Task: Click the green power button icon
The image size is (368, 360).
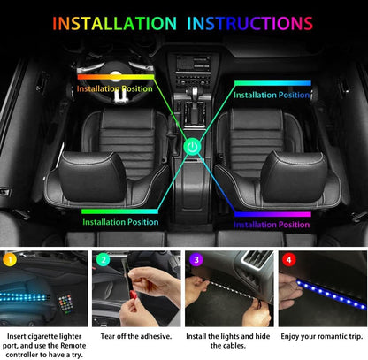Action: (192, 147)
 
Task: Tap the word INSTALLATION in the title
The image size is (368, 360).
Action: (114, 24)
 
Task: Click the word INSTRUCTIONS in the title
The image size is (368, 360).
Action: (249, 24)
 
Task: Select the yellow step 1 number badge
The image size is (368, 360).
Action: (10, 260)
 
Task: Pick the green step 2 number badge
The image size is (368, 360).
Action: (103, 260)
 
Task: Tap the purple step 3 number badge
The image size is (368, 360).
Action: (196, 260)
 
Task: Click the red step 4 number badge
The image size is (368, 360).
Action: (289, 260)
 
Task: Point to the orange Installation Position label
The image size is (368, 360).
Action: (115, 88)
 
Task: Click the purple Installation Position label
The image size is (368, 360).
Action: (272, 225)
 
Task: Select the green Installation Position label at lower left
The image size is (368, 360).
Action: (120, 222)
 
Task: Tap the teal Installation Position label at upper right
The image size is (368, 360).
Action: (272, 95)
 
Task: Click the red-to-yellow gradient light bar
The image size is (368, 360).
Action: (116, 77)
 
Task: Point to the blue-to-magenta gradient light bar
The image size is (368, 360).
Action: (272, 214)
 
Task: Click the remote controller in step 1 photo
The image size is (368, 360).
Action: (66, 303)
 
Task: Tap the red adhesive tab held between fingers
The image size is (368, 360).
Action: (133, 295)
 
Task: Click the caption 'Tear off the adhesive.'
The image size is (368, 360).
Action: (136, 336)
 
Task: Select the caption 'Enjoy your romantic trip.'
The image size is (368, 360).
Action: (322, 336)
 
